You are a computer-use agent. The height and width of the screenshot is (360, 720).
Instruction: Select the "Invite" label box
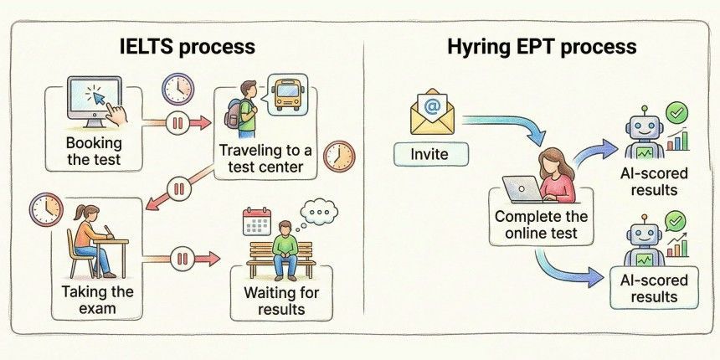pyautogui.click(x=429, y=155)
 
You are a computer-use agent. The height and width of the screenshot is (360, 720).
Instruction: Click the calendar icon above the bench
pyautogui.click(x=253, y=222)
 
